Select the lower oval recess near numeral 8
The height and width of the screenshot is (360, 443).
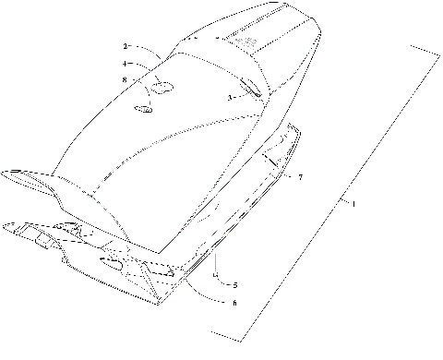tap(145, 109)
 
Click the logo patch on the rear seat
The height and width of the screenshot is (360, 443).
tap(246, 42)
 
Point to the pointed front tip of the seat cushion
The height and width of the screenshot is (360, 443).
tap(11, 173)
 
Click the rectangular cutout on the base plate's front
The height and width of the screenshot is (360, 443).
tap(42, 241)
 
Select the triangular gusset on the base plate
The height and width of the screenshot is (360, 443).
tap(167, 273)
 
